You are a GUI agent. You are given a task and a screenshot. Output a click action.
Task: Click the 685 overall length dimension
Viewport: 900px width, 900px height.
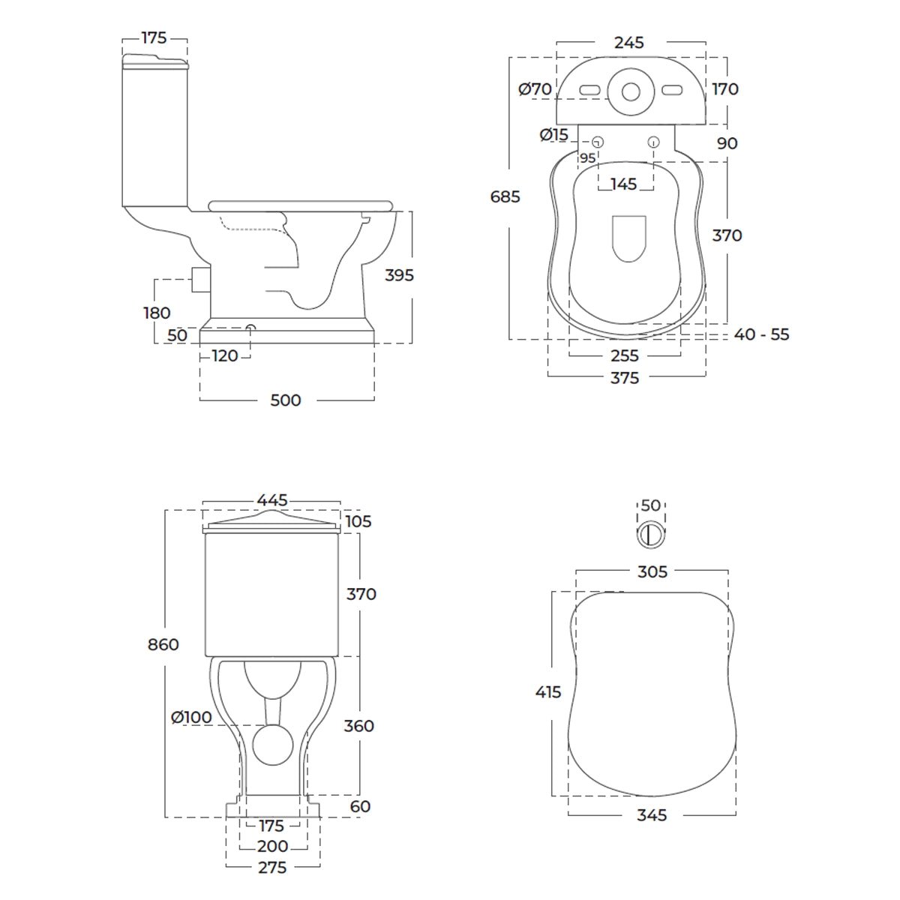(505, 196)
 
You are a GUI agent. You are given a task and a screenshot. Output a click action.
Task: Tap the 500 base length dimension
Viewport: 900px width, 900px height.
(286, 400)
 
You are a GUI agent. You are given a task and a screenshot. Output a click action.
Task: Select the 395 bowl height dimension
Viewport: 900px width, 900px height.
(399, 275)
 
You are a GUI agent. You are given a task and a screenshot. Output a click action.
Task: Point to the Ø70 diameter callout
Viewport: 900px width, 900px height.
(535, 88)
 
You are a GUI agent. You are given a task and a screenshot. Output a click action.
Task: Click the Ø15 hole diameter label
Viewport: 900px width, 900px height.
(554, 135)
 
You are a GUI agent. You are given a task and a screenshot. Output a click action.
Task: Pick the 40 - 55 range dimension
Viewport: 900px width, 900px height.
(761, 334)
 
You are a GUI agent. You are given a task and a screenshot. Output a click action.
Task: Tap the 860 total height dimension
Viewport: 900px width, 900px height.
(163, 644)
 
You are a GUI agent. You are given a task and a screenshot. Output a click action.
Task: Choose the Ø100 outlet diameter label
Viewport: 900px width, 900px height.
(191, 717)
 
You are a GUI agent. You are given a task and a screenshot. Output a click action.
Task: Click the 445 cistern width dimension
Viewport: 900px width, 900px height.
(272, 500)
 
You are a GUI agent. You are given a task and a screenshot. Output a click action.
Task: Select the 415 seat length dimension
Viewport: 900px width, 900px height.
(548, 691)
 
